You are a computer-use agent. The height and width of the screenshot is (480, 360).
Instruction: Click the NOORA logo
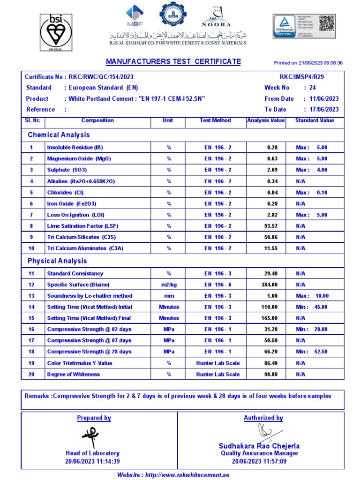[216, 17]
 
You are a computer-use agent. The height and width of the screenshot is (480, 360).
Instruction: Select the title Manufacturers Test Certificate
[173, 62]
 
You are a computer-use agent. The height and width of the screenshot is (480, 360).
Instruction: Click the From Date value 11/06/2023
[321, 99]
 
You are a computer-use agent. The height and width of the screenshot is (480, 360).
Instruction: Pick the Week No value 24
[313, 88]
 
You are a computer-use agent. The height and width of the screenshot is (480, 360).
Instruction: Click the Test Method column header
[215, 120]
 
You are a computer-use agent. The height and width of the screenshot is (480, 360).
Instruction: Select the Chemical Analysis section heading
[59, 135]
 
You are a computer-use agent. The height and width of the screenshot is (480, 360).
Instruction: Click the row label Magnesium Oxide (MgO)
[79, 159]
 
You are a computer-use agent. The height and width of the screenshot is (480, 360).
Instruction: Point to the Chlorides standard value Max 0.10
[312, 193]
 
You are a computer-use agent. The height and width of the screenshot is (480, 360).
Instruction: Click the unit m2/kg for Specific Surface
[168, 285]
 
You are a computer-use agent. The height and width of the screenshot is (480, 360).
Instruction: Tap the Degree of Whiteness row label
[73, 375]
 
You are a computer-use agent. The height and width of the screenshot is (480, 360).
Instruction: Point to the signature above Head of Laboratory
[90, 437]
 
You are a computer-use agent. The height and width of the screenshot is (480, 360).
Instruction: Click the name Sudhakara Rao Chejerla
[259, 446]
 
